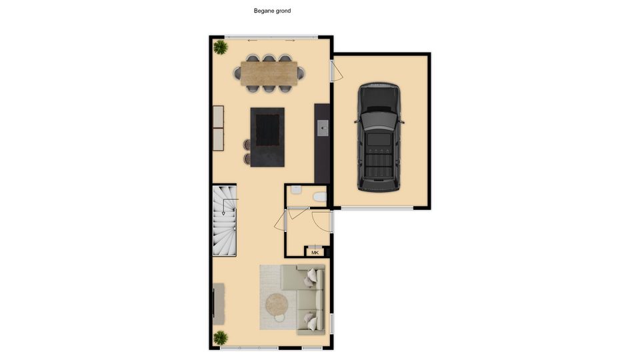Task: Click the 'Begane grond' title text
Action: click(x=272, y=11)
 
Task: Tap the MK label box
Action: click(x=315, y=252)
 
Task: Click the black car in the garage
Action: click(x=379, y=137)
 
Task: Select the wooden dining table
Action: click(x=269, y=73)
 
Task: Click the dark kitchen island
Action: click(x=267, y=137)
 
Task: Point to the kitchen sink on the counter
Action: click(x=323, y=128)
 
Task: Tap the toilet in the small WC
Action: click(x=320, y=197)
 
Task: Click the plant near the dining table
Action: click(x=221, y=47)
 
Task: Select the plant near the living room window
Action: click(x=221, y=337)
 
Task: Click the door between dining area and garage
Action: click(x=336, y=71)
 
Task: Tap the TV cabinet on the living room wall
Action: click(x=219, y=304)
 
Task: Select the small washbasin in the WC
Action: click(x=296, y=190)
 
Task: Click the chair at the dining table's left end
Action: click(x=237, y=73)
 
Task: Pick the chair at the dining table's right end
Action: click(x=301, y=73)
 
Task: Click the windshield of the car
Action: click(x=379, y=121)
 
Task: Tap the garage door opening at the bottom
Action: click(x=377, y=208)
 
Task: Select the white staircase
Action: click(x=225, y=221)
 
